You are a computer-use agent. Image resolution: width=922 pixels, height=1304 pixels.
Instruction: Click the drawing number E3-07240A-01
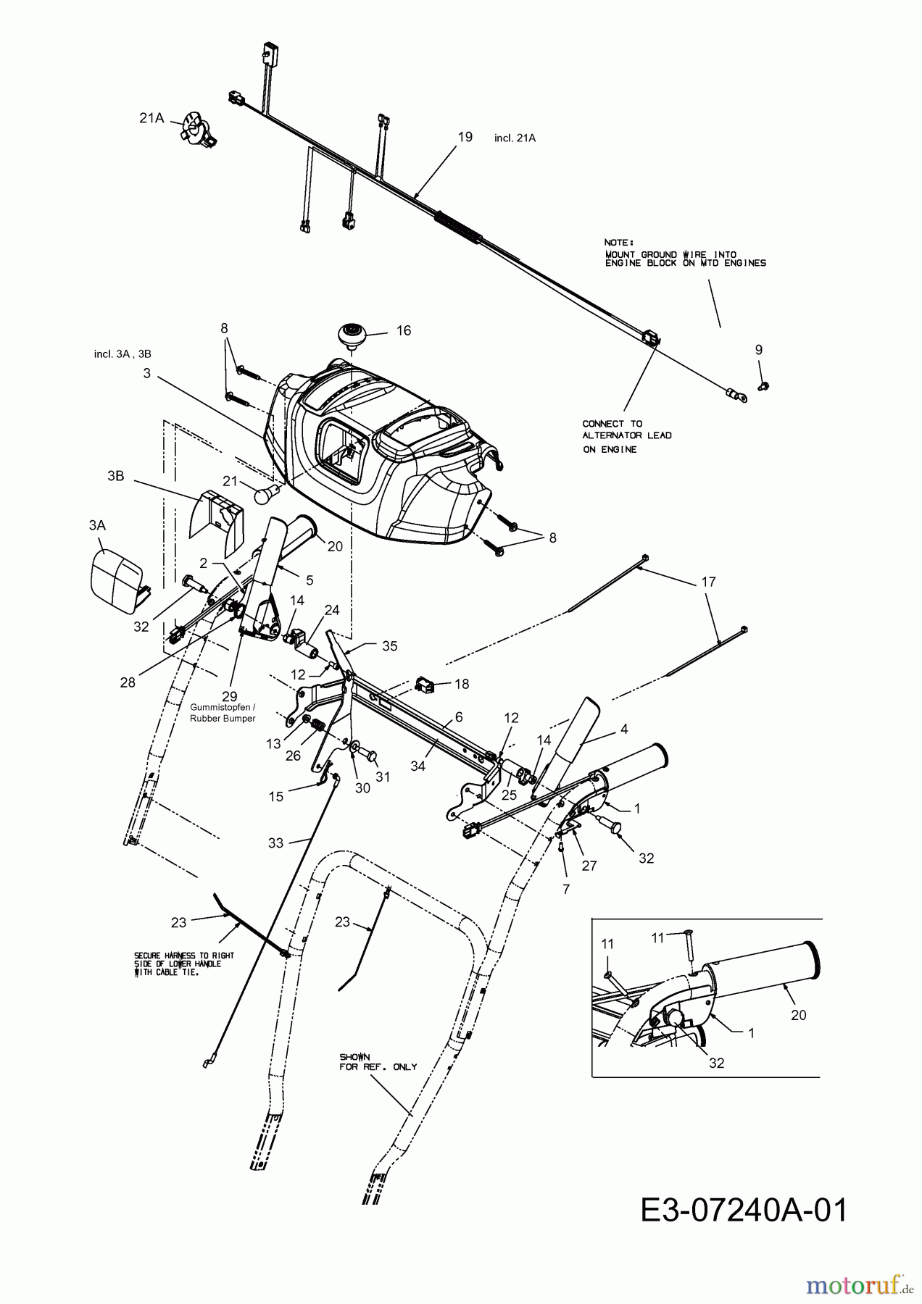coord(744,1210)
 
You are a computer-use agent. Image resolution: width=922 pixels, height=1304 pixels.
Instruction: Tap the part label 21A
coord(151,118)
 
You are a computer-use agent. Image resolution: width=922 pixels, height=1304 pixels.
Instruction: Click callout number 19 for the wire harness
coord(465,136)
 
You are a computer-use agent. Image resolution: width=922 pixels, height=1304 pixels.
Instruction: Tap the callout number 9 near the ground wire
coord(759,349)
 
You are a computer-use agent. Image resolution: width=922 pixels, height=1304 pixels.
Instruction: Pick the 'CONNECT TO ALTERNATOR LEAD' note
coord(627,436)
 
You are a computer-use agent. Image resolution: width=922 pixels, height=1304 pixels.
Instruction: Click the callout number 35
coord(389,645)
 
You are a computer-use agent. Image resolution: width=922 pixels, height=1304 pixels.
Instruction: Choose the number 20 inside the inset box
coord(798,1015)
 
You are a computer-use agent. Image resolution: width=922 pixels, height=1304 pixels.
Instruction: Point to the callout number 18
coord(461,684)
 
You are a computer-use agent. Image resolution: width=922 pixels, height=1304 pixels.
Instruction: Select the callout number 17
coord(708,581)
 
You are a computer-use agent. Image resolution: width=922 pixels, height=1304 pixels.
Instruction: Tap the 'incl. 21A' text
coord(515,138)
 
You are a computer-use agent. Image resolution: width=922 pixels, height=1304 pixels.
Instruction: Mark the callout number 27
coord(589,865)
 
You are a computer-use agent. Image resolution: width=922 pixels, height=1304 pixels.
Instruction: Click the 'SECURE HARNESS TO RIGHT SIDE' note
coord(177,964)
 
